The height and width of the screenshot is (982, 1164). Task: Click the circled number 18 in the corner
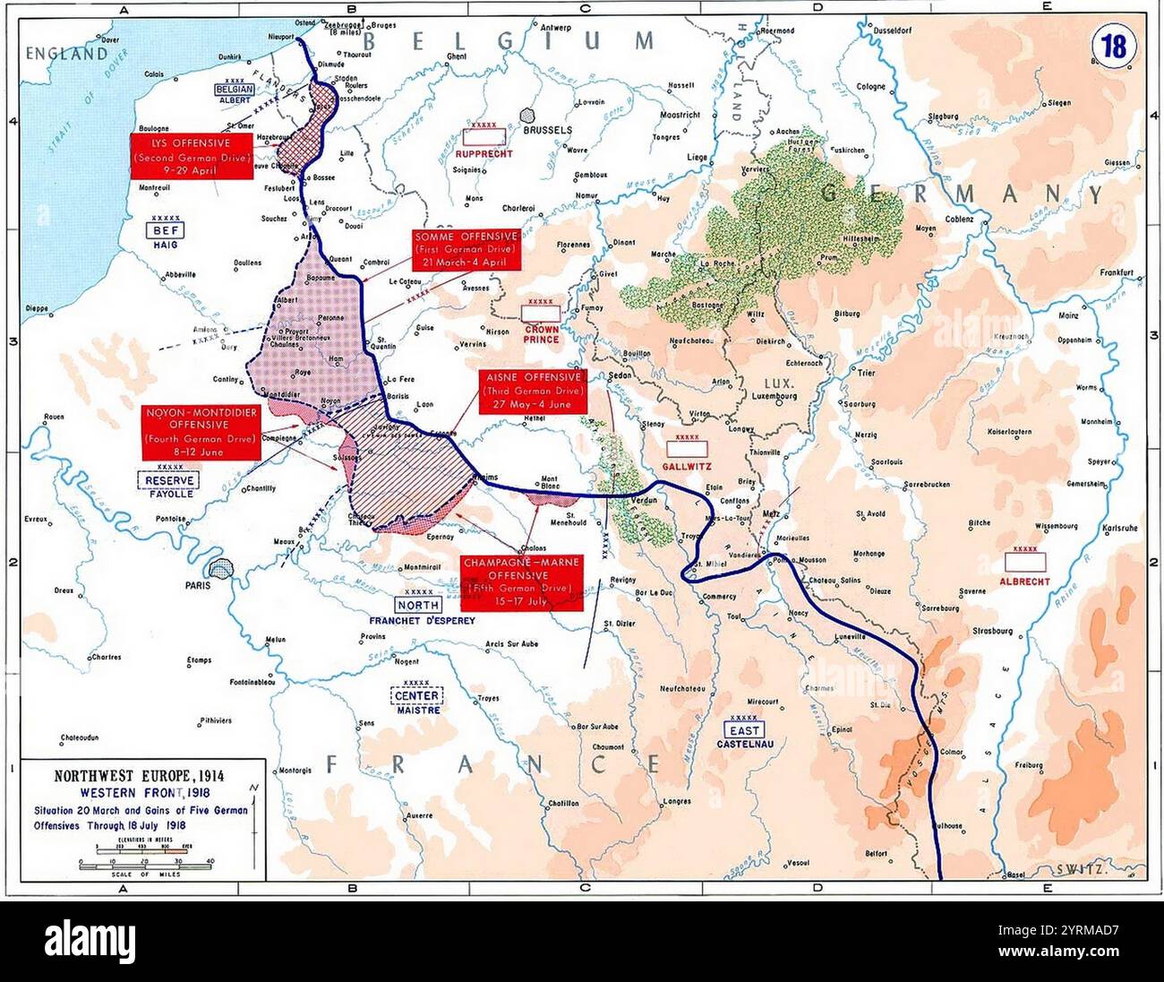(x=1114, y=46)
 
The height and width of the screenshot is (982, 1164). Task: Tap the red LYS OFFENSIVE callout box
(x=190, y=155)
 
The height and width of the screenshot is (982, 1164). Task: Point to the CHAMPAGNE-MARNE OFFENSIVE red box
(x=521, y=582)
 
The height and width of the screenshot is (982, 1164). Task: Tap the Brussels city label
(x=547, y=130)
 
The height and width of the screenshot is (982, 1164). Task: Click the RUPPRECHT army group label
(x=488, y=153)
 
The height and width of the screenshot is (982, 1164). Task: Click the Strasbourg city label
(x=991, y=631)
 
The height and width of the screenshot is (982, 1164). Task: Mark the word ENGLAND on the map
(x=66, y=55)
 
